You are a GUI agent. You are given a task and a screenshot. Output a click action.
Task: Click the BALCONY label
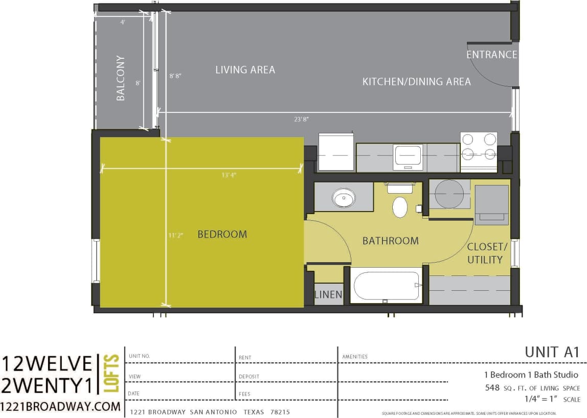pos(121,78)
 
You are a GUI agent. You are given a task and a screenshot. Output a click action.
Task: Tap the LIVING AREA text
pos(245,69)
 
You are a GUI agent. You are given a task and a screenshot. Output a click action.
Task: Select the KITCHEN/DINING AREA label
pos(416,82)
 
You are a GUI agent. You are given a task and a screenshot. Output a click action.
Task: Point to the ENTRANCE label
pos(491,55)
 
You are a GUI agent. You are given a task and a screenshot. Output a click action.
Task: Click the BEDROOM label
pos(222,235)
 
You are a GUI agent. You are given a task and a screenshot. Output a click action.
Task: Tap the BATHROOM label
pos(390,241)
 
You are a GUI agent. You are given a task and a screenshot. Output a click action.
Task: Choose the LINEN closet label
pos(328,295)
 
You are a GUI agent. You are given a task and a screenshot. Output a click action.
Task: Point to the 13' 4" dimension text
pos(229,175)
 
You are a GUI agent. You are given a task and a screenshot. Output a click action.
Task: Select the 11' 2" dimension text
pos(175,236)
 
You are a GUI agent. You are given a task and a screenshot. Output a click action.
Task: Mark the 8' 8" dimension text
pos(175,76)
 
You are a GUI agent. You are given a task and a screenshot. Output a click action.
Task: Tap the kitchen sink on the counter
pos(408,155)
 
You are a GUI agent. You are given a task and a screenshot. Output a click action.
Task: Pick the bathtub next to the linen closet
pos(387,286)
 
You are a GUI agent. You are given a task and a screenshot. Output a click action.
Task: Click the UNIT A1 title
pos(551,352)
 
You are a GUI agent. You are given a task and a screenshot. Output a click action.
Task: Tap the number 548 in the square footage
pos(492,388)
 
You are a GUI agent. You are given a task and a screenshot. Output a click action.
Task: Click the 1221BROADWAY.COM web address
pos(61,407)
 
